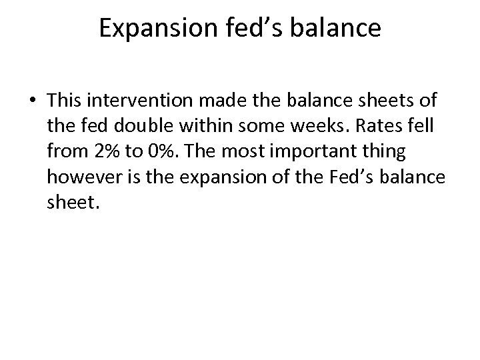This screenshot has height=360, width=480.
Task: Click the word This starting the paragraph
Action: click(69, 100)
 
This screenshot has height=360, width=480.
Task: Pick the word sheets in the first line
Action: click(375, 100)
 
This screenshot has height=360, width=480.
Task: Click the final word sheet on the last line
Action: click(73, 203)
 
